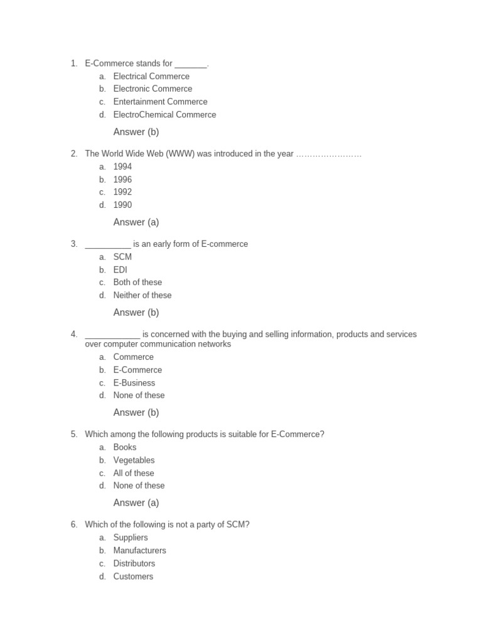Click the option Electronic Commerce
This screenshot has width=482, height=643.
coord(153,89)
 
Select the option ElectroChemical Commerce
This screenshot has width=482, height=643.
coord(164,115)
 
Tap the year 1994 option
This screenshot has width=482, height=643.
coord(122,167)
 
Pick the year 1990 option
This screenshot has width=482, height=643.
coord(122,205)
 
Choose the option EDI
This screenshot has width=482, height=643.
coord(120,270)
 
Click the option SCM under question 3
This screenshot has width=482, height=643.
coord(122,257)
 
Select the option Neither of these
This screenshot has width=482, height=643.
coord(142,296)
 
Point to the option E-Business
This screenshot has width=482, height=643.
coord(134,383)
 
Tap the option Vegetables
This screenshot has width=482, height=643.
coord(134,460)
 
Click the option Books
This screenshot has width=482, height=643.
coord(124,448)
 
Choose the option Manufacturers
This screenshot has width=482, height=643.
coord(139,551)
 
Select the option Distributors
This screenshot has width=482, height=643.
coord(134,564)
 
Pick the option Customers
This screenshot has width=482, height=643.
coord(133,576)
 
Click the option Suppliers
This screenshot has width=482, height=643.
coord(131,538)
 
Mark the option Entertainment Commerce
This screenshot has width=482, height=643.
coord(160,102)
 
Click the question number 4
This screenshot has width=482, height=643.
coord(74,335)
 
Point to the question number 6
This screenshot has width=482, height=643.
coord(74,525)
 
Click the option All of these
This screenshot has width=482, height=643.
coord(134,473)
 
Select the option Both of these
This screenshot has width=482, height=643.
coord(137,283)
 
